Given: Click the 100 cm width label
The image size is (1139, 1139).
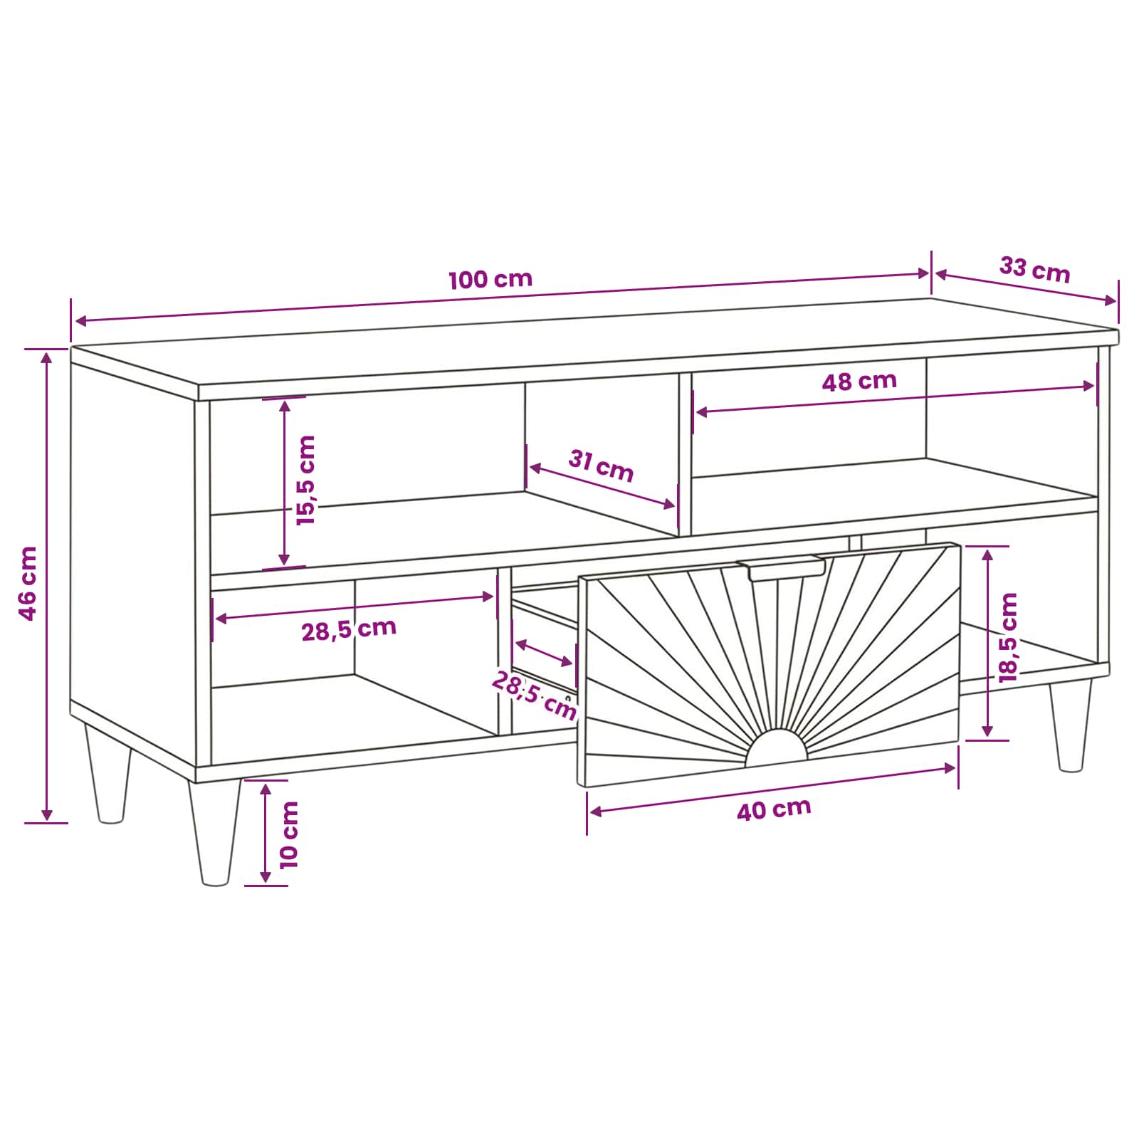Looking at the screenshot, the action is [x=490, y=278].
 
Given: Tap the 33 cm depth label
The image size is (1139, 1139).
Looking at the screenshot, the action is [x=1034, y=270].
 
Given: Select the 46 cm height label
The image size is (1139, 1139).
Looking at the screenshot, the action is [x=28, y=584].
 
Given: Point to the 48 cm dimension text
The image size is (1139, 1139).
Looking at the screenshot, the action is [x=859, y=382].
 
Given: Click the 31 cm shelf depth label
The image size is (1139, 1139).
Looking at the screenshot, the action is [x=601, y=466].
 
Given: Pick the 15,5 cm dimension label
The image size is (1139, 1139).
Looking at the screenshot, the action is [x=305, y=481].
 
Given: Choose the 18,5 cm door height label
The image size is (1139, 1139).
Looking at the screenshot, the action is [x=1008, y=638].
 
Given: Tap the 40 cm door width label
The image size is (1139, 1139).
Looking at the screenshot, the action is [x=774, y=809].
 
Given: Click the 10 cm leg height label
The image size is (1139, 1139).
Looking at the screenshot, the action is [x=289, y=834].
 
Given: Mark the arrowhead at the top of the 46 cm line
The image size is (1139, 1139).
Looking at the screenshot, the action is [x=46, y=357].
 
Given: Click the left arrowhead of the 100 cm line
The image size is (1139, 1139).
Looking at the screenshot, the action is [x=81, y=321].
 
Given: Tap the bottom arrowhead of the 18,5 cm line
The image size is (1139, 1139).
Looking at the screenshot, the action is [x=987, y=730].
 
